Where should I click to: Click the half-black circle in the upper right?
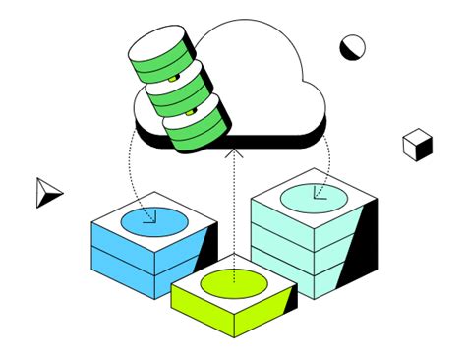point(352,46)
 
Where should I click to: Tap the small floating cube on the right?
point(418,145)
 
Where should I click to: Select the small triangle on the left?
point(46,192)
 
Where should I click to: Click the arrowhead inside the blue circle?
point(149,219)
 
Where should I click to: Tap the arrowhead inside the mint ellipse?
point(318,194)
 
